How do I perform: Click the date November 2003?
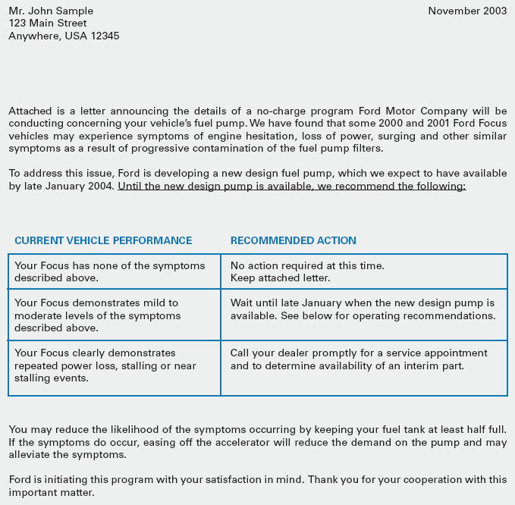(x=467, y=11)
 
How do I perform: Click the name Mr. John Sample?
(x=51, y=11)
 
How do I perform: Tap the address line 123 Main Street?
(x=47, y=23)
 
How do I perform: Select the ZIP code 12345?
(x=105, y=36)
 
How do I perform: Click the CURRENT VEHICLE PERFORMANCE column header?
(x=103, y=240)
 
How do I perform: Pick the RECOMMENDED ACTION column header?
(x=293, y=240)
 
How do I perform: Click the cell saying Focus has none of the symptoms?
(x=110, y=271)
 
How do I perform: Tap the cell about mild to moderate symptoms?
(x=98, y=315)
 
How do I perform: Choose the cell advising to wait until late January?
(x=363, y=309)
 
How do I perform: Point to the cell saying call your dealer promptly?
(x=359, y=359)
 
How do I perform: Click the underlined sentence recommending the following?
(x=292, y=186)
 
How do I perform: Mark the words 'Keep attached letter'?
(x=280, y=278)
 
